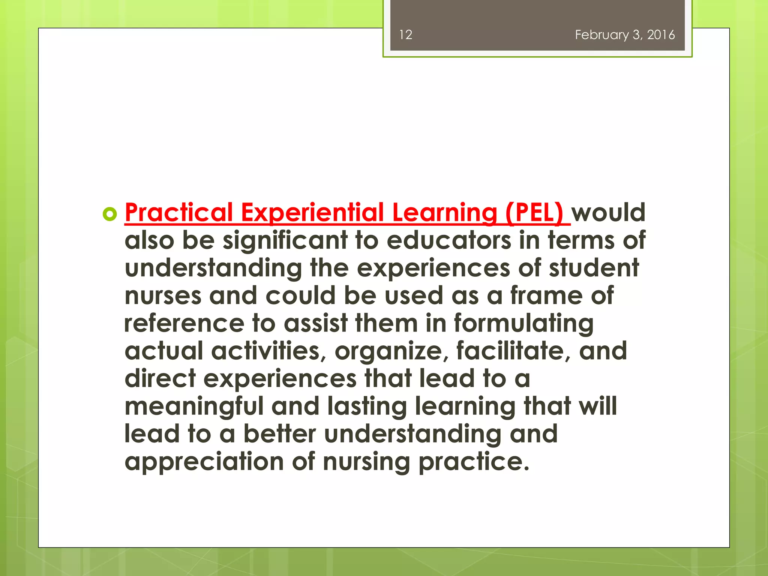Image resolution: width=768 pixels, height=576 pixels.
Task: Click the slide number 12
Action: (x=405, y=35)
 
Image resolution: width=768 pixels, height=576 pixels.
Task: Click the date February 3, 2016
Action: (x=625, y=35)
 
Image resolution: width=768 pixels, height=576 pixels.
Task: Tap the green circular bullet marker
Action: (x=109, y=214)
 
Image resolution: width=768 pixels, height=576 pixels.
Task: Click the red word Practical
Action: (x=179, y=213)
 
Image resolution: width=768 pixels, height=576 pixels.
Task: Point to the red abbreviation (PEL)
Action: (x=534, y=213)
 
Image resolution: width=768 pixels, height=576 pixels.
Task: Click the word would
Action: (x=608, y=213)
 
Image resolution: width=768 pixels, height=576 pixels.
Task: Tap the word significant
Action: (x=285, y=241)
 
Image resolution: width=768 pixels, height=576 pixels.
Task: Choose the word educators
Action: (x=448, y=240)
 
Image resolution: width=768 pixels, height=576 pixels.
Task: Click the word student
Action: (x=594, y=268)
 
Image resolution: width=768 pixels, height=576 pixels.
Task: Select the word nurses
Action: (x=163, y=296)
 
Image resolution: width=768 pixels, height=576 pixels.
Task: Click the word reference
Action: (x=184, y=323)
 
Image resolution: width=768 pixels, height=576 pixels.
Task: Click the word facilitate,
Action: (x=513, y=351)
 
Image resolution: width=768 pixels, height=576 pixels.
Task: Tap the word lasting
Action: (x=367, y=407)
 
